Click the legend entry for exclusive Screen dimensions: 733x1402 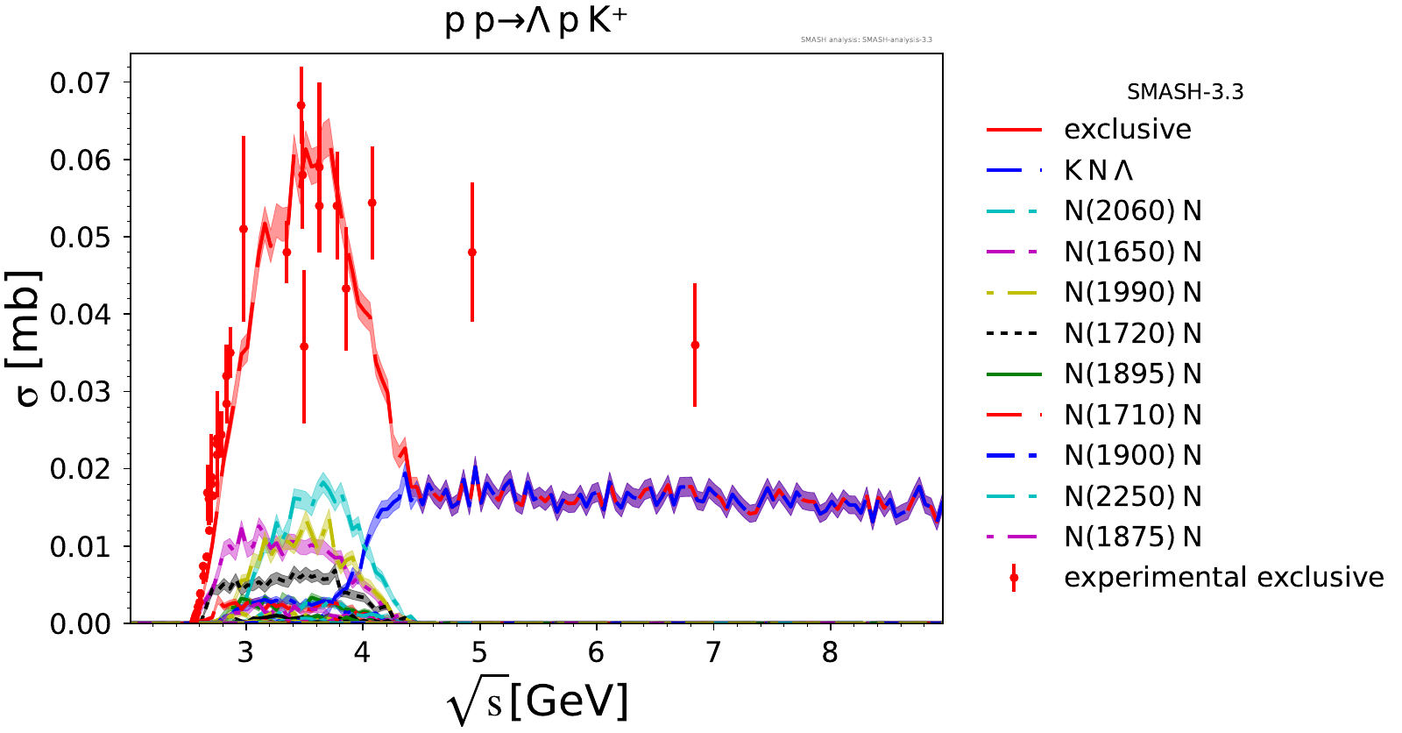(x=1127, y=130)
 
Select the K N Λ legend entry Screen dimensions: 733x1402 (x=1099, y=171)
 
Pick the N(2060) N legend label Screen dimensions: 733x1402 (x=1132, y=211)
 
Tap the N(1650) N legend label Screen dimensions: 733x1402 (x=1132, y=253)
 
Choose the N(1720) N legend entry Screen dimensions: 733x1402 (x=1132, y=334)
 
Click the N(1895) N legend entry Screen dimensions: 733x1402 (x=1132, y=374)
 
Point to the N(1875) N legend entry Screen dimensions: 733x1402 (x=1132, y=537)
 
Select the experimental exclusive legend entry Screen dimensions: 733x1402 (x=1223, y=578)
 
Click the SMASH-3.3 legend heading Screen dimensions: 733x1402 (x=1185, y=92)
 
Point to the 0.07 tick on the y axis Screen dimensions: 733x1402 (x=80, y=83)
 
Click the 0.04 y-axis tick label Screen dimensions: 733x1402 (x=80, y=315)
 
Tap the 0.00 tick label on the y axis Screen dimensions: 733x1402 (x=80, y=623)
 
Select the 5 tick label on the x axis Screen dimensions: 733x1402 (x=479, y=653)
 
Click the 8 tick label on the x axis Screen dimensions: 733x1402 (x=830, y=653)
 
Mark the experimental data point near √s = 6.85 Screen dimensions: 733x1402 (x=695, y=345)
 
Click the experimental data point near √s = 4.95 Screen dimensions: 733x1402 (x=472, y=253)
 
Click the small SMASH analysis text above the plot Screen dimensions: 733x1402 (x=866, y=39)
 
